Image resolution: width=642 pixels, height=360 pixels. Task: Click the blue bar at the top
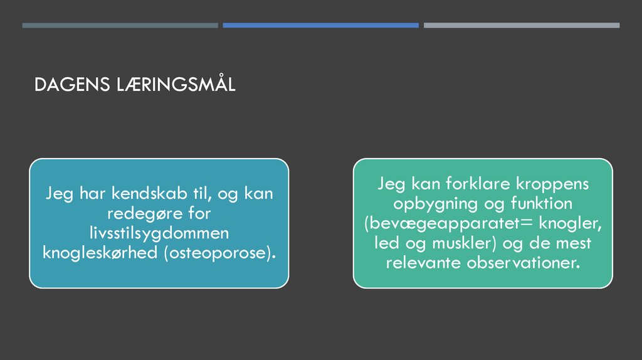pyautogui.click(x=320, y=26)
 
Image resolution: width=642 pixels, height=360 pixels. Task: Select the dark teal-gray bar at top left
pyautogui.click(x=120, y=26)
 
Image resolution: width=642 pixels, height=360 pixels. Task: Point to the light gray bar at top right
pyautogui.click(x=521, y=26)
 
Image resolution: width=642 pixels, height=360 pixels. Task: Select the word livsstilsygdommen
pyautogui.click(x=159, y=233)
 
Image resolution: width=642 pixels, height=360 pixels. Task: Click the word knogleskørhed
pyautogui.click(x=100, y=253)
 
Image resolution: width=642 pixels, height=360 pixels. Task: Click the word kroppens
pyautogui.click(x=552, y=184)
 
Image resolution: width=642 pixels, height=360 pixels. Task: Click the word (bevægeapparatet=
pyautogui.click(x=449, y=223)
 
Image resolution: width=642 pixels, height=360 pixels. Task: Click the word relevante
pyautogui.click(x=423, y=262)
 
